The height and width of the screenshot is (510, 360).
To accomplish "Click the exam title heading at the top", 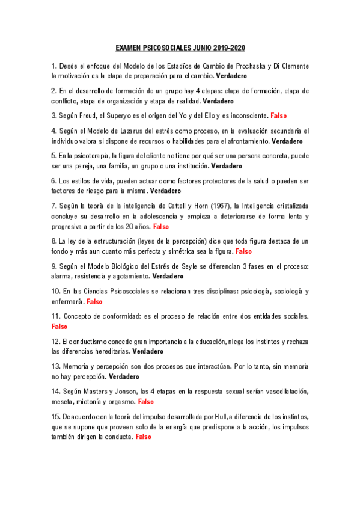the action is (180, 48).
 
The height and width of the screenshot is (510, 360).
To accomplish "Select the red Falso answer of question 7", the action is (161, 227).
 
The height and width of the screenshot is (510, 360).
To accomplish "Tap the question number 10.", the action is (56, 291).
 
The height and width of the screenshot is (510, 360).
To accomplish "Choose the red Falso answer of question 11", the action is (59, 327).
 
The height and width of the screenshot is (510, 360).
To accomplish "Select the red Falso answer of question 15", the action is (144, 437).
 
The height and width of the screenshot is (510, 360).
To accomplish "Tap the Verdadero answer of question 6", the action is (165, 191).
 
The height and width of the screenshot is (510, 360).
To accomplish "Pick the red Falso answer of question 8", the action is (243, 251).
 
